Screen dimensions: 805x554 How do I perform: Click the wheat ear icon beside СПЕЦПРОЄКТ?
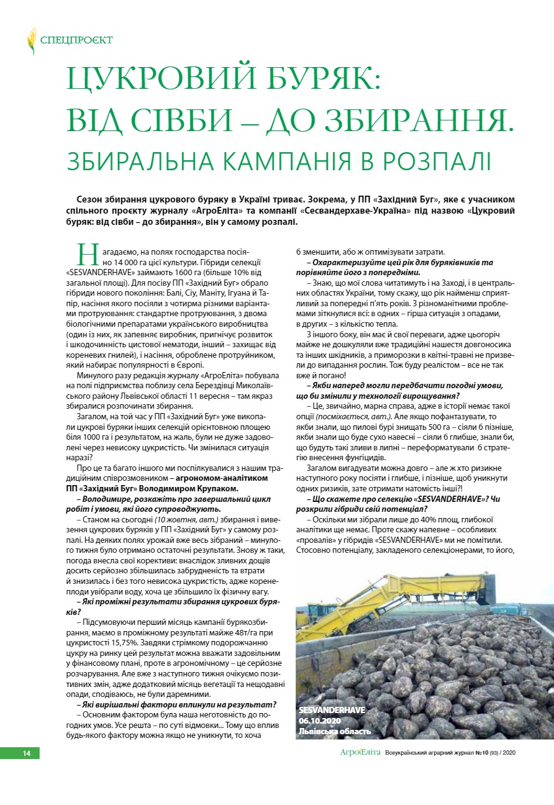31,40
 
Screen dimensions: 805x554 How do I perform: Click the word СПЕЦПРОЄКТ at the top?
76,41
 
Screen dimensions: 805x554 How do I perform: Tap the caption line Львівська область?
335,731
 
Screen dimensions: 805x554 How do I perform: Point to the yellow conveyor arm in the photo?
397,596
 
